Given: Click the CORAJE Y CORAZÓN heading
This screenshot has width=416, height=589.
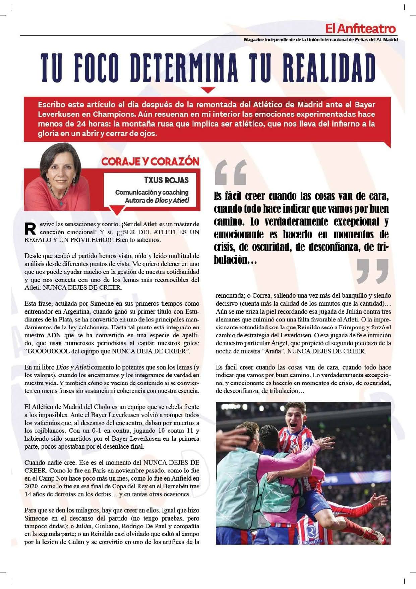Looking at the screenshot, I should (151, 162).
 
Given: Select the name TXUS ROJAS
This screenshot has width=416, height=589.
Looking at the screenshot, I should (166, 180).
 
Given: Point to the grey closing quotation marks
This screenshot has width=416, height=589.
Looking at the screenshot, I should (372, 271).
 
